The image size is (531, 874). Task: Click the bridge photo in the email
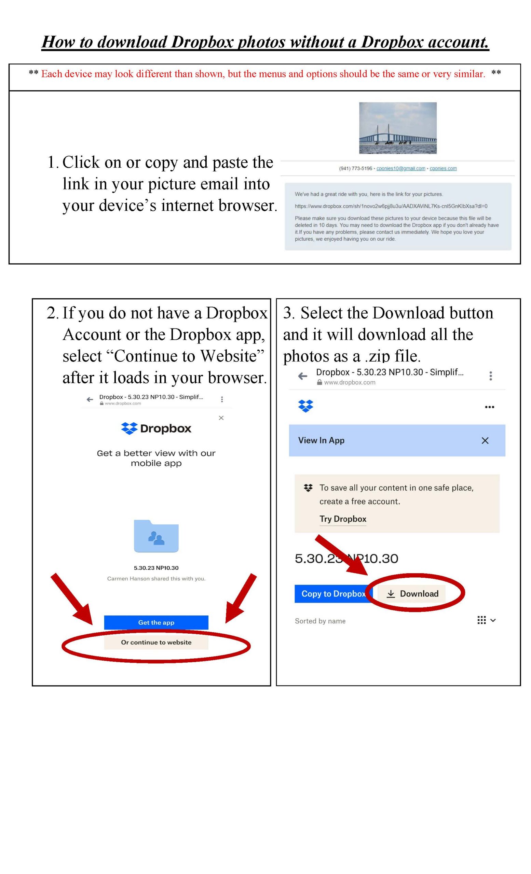[397, 128]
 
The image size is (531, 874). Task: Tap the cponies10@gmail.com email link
[400, 169]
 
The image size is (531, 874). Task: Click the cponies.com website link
[443, 169]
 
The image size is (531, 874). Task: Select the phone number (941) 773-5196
[355, 169]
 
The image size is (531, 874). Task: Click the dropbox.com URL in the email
[391, 206]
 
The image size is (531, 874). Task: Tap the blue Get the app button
[156, 622]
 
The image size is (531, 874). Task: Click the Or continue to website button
[156, 642]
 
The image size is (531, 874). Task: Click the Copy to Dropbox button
[333, 593]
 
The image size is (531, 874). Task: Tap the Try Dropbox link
[342, 519]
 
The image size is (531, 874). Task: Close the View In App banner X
[485, 440]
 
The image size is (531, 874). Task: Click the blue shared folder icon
[156, 536]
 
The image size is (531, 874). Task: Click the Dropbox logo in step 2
[156, 428]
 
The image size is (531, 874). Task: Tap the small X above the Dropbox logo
[221, 418]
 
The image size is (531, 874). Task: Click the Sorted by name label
[320, 621]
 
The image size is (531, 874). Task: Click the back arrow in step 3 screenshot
[302, 376]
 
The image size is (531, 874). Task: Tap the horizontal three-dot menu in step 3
[489, 407]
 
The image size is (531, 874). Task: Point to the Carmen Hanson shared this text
[156, 579]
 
